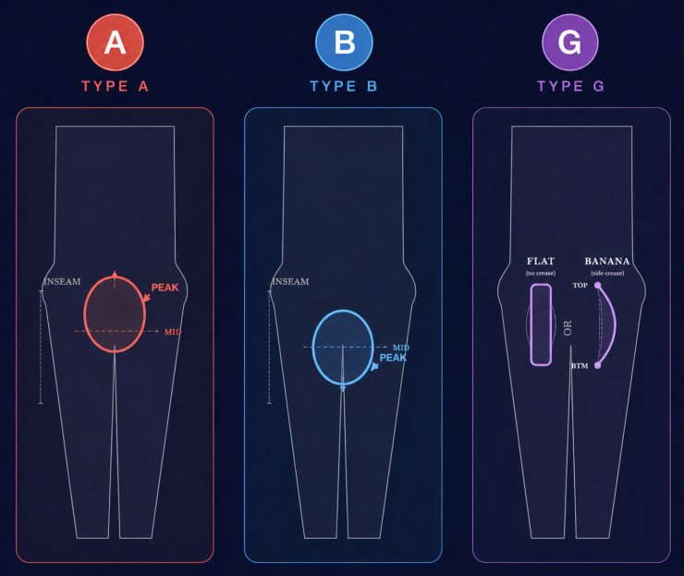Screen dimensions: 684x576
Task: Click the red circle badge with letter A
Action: [116, 42]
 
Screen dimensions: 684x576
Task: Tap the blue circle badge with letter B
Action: [344, 42]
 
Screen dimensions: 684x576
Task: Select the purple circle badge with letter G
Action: [570, 42]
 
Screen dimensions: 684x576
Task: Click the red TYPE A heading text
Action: [116, 86]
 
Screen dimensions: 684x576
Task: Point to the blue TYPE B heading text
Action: [344, 86]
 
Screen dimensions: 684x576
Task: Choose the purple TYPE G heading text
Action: [570, 86]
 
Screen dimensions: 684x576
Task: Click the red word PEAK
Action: [165, 288]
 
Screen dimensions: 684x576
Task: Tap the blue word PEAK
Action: [393, 358]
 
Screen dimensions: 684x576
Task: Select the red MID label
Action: [173, 332]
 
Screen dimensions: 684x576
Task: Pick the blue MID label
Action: [401, 348]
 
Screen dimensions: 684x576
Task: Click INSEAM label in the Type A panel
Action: [62, 281]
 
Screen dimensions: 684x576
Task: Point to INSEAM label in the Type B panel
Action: [290, 281]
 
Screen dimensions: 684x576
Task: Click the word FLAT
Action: [541, 261]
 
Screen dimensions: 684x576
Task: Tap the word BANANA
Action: [607, 261]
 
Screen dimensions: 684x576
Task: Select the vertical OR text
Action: [568, 327]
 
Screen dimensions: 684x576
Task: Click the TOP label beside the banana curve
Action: [580, 286]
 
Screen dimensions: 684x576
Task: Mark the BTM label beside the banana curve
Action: [580, 366]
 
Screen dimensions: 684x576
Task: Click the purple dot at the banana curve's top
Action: [598, 286]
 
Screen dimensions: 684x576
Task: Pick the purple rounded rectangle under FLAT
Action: [541, 325]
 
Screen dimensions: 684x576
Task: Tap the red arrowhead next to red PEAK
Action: [147, 298]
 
